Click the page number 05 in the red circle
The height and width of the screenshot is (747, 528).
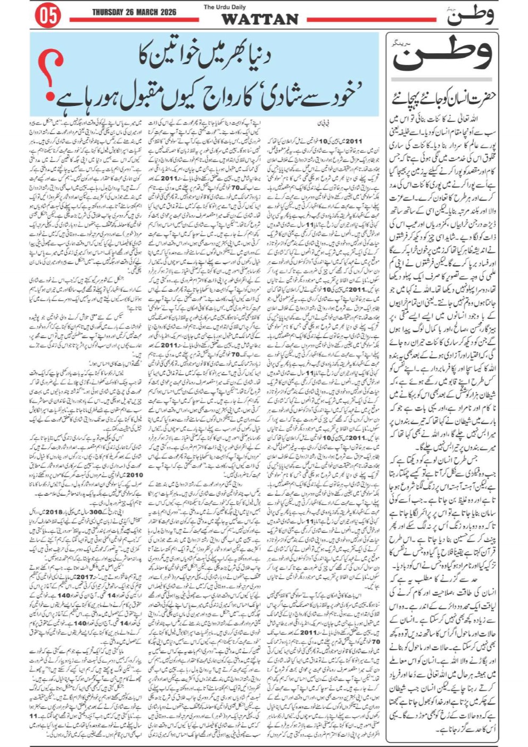[48, 16]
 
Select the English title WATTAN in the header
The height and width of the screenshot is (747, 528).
[260, 20]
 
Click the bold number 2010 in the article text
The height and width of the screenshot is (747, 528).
[134, 474]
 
